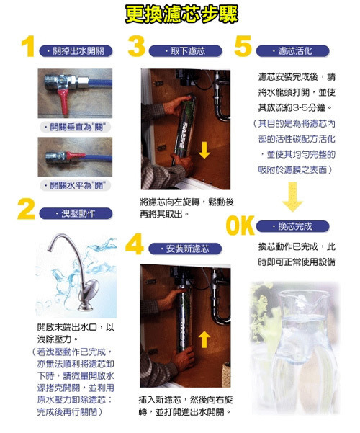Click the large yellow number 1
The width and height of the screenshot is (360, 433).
(28, 48)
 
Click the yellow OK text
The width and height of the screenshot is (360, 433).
(242, 225)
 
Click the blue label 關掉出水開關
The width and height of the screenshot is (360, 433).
(73, 52)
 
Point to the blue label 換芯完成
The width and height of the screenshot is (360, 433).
(294, 226)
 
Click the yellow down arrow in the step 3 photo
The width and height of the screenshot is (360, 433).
(204, 150)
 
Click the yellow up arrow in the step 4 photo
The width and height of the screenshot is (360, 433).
(204, 338)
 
